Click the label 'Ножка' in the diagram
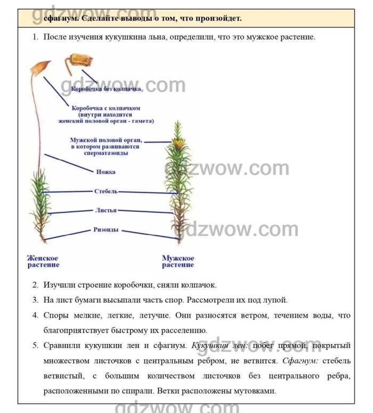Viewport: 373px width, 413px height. pos(106,172)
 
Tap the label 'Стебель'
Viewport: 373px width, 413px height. pos(106,191)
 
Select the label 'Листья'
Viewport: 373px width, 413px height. pos(106,210)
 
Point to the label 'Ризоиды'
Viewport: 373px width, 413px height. pos(106,230)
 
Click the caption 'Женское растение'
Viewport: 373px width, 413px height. pos(43,261)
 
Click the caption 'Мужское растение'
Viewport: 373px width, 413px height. pos(178,261)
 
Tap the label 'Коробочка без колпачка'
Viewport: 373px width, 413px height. pos(106,89)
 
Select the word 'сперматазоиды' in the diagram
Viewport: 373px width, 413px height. pos(106,153)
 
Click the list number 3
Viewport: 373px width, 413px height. pos(35,300)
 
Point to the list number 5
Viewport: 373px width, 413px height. pos(35,346)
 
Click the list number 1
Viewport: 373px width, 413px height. pos(35,37)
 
